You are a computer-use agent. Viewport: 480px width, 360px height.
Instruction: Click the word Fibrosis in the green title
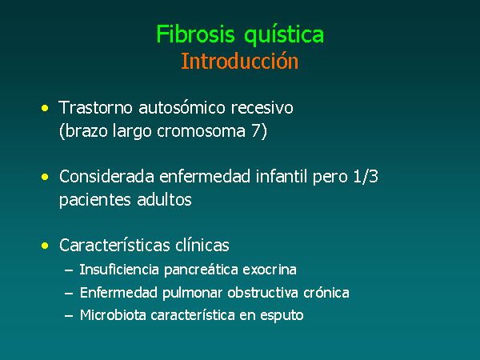pos(195,34)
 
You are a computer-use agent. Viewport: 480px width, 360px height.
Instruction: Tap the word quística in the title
pos(284,35)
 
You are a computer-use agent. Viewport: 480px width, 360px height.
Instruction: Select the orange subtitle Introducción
pos(240,61)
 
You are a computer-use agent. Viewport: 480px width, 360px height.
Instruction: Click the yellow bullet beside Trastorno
pos(45,108)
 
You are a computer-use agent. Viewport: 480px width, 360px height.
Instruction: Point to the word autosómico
pos(182,108)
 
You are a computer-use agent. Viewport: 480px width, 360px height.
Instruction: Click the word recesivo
pos(262,108)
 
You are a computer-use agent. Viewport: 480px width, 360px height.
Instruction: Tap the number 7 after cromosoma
pos(256,131)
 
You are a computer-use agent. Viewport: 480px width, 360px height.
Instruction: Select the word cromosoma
pos(201,132)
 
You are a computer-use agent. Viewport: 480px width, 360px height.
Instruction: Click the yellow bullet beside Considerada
pos(45,177)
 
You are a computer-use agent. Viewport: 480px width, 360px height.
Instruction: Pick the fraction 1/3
pos(366,177)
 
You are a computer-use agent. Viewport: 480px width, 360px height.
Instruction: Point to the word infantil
pos(282,177)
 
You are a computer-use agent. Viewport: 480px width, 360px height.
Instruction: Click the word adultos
pos(164,199)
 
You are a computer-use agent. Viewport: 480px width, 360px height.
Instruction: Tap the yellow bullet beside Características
pos(45,246)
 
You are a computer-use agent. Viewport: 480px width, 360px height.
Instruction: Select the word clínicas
pos(202,246)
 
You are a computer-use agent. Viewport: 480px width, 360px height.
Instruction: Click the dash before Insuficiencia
pos(69,270)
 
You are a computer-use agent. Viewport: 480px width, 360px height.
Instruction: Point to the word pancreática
pos(201,270)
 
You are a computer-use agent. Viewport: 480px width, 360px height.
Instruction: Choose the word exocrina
pos(270,270)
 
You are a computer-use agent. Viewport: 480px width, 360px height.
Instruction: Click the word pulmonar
pos(192,293)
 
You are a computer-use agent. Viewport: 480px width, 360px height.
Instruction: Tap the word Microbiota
pos(113,315)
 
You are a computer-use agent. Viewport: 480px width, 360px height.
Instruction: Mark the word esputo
pos(282,316)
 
